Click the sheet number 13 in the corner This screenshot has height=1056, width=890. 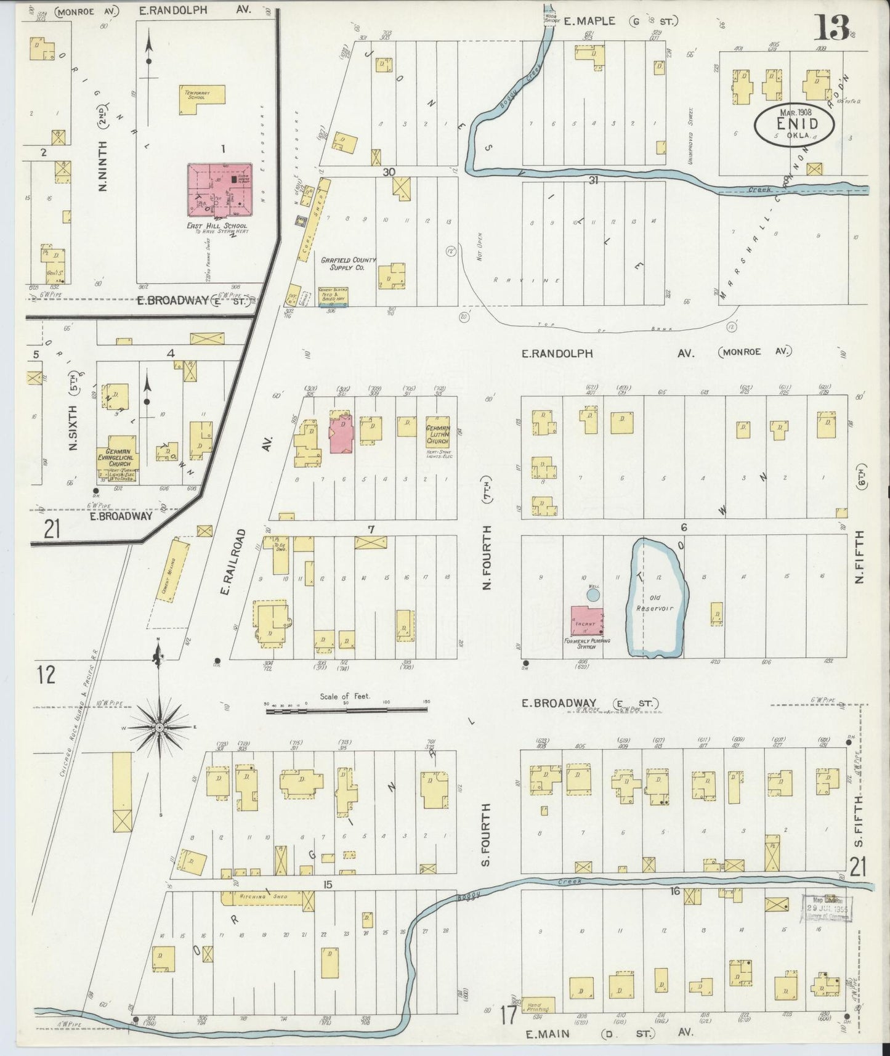(x=834, y=28)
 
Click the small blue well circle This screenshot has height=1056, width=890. (x=593, y=595)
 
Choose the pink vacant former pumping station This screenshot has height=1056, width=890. (x=586, y=621)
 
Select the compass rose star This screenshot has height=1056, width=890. (x=160, y=728)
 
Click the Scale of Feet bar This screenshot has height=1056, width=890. (x=346, y=710)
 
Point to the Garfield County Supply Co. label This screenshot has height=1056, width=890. (x=348, y=264)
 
